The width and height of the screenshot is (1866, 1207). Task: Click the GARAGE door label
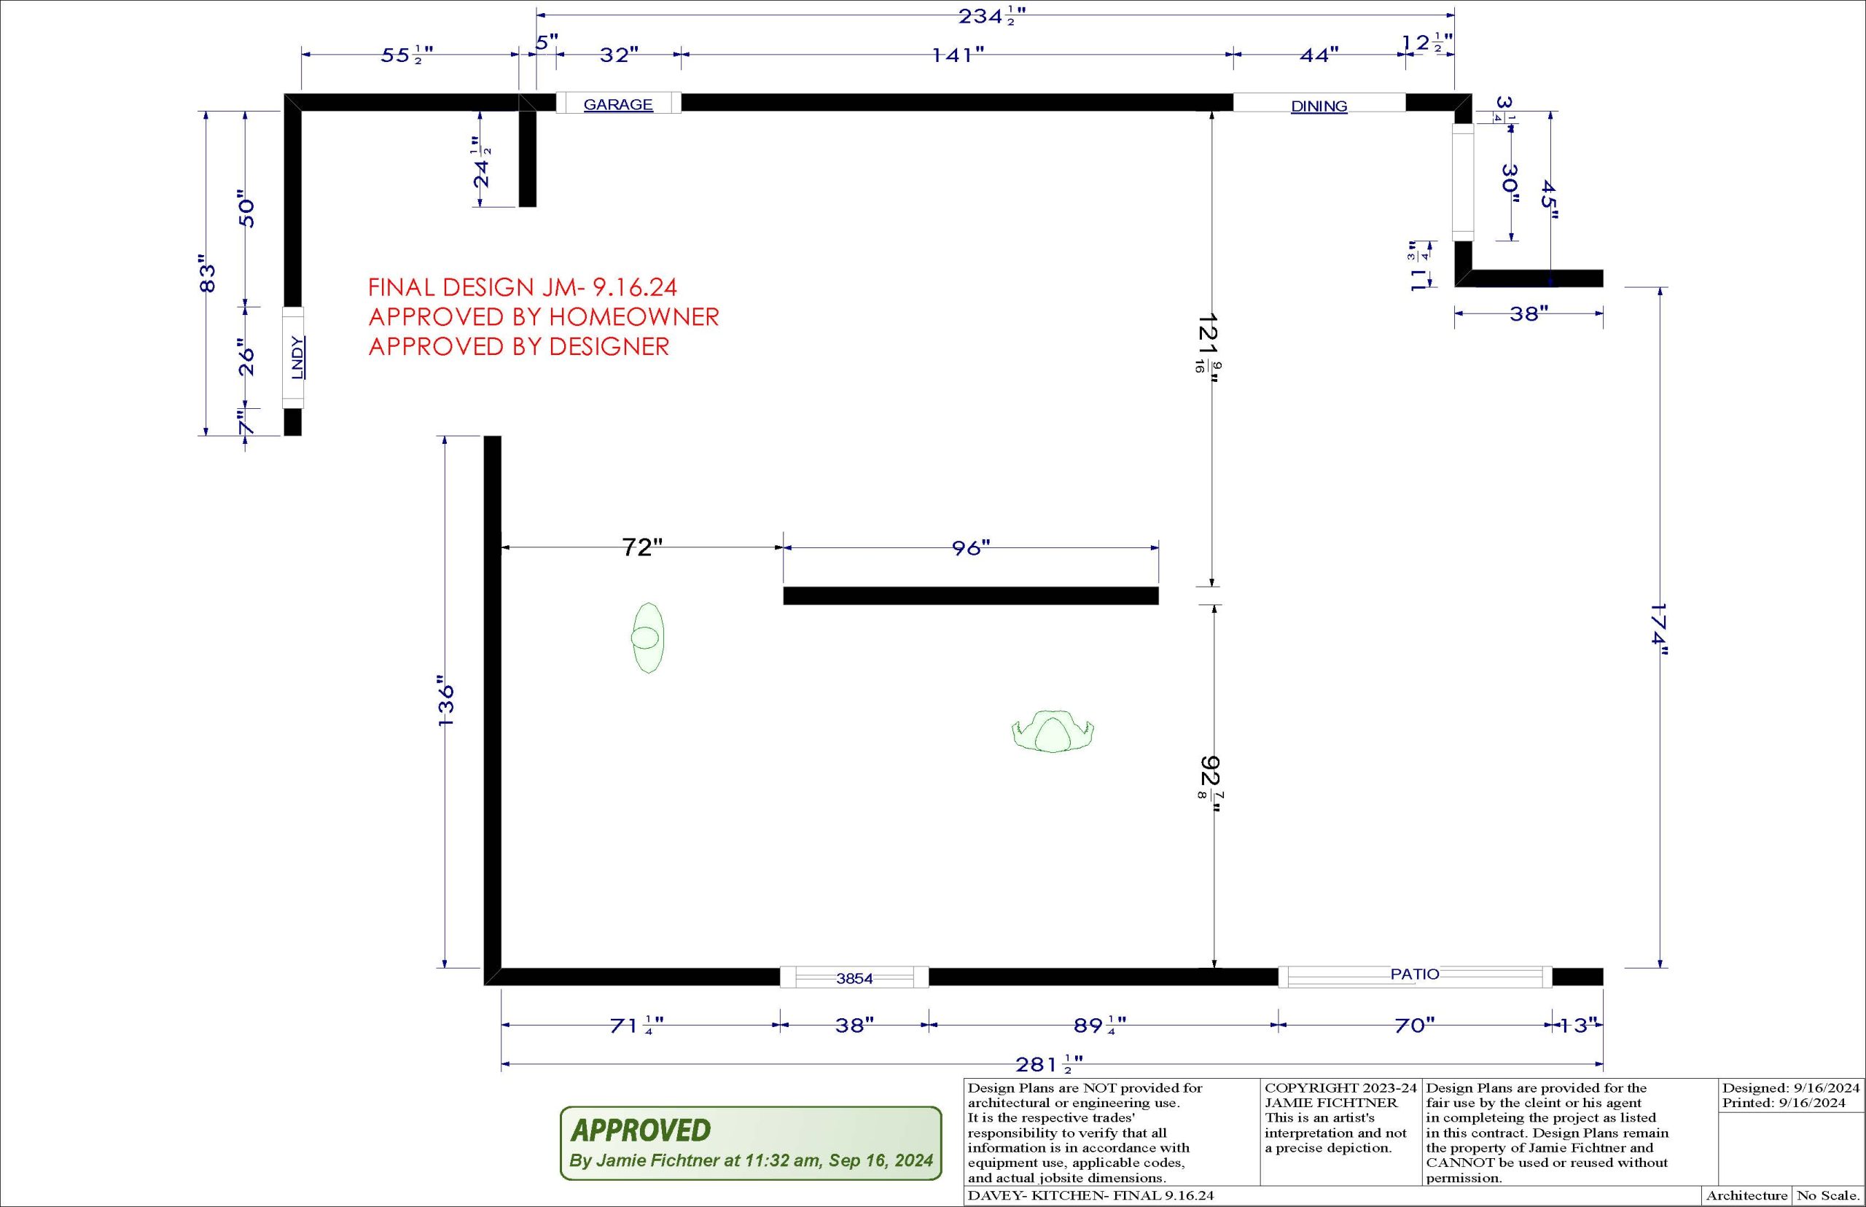[618, 104]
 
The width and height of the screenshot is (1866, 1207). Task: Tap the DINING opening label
[1319, 106]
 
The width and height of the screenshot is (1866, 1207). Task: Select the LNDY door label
[296, 358]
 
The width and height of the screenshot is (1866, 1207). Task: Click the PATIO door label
[1415, 974]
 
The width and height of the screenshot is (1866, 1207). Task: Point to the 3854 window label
[854, 978]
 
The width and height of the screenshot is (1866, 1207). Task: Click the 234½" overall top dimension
[992, 18]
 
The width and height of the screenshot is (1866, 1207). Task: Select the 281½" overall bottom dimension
[1050, 1064]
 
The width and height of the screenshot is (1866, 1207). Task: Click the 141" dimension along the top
[958, 55]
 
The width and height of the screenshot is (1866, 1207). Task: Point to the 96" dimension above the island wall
[971, 548]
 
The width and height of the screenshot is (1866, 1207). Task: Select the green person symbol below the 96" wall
[1053, 732]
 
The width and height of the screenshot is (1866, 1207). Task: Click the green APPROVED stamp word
[641, 1130]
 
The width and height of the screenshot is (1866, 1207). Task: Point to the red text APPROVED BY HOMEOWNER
[544, 316]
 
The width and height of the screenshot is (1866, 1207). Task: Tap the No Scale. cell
[1827, 1196]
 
